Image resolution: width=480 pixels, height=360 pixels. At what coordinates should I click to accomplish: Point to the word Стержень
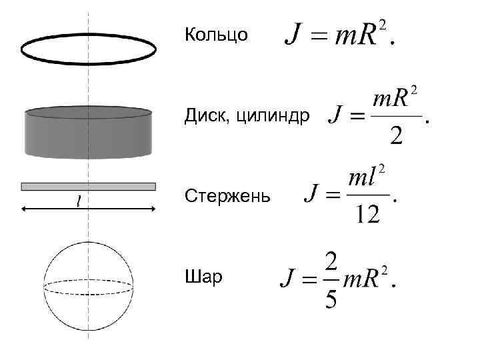(x=227, y=197)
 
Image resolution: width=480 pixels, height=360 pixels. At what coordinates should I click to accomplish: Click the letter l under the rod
(x=79, y=200)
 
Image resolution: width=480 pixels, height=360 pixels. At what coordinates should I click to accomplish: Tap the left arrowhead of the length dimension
(x=25, y=209)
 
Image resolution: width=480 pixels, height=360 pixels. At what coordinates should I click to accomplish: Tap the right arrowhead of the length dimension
(x=152, y=209)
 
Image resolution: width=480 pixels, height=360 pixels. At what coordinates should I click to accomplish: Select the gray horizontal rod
(x=89, y=187)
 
